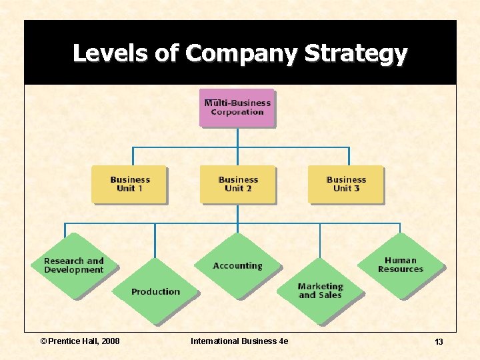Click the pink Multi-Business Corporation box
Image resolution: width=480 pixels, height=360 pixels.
click(237, 107)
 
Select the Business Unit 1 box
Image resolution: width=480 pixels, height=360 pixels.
click(129, 184)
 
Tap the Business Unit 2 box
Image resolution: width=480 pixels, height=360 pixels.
click(237, 184)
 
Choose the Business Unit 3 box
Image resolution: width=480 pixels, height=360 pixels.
click(345, 184)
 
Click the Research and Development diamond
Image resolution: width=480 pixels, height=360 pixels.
click(73, 265)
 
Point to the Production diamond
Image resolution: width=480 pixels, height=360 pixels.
click(155, 291)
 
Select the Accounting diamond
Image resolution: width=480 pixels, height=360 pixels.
click(237, 265)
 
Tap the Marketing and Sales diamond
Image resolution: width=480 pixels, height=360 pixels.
click(320, 291)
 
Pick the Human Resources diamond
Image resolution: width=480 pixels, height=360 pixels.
click(400, 265)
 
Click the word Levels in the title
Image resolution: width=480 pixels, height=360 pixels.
click(108, 53)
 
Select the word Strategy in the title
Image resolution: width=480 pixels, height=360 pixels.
click(355, 53)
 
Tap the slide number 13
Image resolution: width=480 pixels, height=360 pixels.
click(439, 342)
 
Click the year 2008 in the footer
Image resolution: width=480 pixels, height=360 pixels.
click(109, 341)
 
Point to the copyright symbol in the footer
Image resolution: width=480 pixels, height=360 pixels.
click(44, 341)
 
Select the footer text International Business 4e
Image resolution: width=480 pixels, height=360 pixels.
click(239, 341)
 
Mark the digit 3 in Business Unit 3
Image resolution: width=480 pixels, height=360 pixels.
click(356, 189)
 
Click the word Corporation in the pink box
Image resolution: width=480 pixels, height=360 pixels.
click(237, 112)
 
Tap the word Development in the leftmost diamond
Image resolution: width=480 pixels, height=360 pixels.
click(73, 270)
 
